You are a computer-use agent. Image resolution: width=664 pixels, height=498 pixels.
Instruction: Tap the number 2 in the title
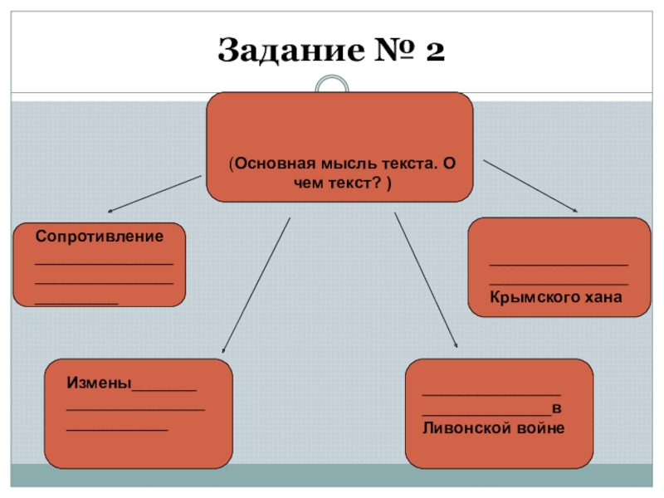433,51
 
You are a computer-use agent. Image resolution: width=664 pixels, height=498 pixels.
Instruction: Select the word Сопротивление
100,237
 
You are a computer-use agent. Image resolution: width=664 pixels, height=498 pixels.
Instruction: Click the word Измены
99,383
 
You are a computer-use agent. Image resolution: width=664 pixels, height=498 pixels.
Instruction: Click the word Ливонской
464,428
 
